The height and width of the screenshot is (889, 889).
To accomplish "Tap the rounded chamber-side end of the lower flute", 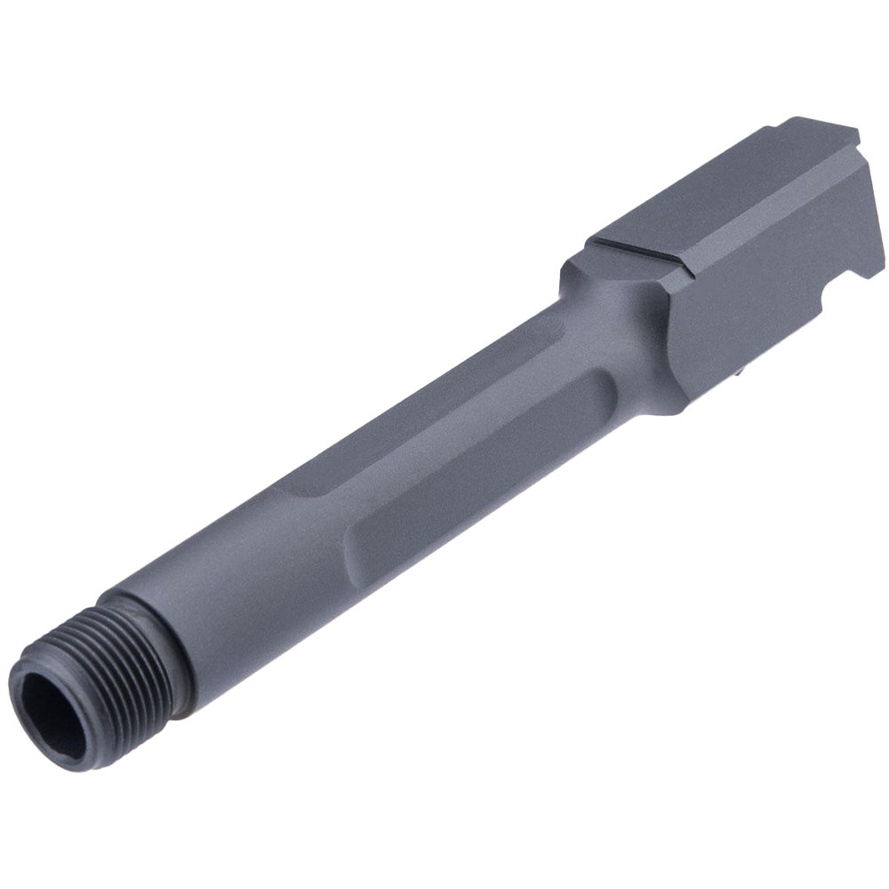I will [x=600, y=391].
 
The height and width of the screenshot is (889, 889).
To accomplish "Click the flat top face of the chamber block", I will [x=711, y=187].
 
